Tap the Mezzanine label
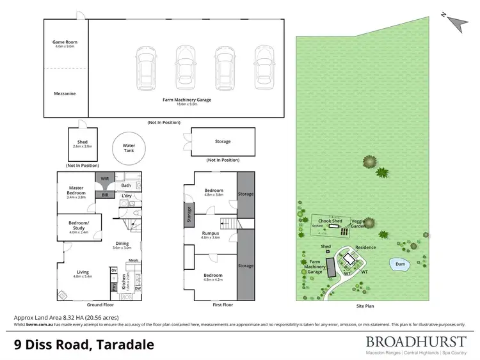click(65, 93)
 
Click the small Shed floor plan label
click(83, 143)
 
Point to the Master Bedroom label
click(77, 191)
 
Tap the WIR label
click(104, 179)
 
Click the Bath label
click(125, 186)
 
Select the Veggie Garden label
click(358, 223)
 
